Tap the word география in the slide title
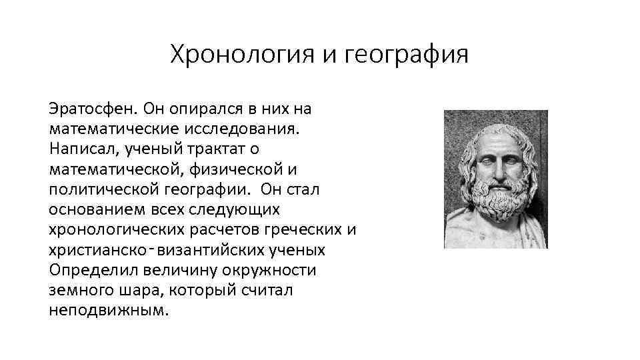(x=406, y=55)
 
